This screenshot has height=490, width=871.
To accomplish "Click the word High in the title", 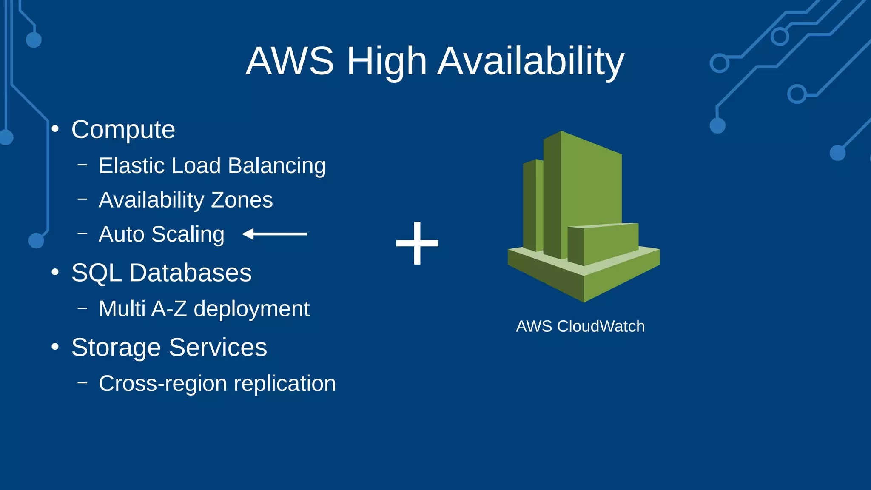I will point(387,62).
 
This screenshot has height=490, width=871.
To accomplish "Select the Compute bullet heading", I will point(123,129).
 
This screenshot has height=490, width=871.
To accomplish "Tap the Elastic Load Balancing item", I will point(212,165).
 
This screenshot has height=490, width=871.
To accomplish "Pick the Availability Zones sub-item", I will point(185,200).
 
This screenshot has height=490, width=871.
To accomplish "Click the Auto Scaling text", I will point(161,234).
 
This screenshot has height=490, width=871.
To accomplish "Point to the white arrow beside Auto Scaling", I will point(274,234).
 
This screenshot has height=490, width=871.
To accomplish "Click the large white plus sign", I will point(417,243).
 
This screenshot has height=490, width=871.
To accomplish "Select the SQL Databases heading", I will point(161,273).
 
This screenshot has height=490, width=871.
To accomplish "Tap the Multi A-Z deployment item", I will point(204,309).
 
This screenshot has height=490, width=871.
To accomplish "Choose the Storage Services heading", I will point(169,348).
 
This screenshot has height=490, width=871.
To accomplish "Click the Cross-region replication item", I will point(217,384).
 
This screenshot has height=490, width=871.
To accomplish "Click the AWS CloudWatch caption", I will point(580,326).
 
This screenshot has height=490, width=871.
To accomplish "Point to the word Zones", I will point(242,200).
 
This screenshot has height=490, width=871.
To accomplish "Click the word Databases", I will point(190,273).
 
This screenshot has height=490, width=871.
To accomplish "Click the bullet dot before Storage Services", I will point(55,347).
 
